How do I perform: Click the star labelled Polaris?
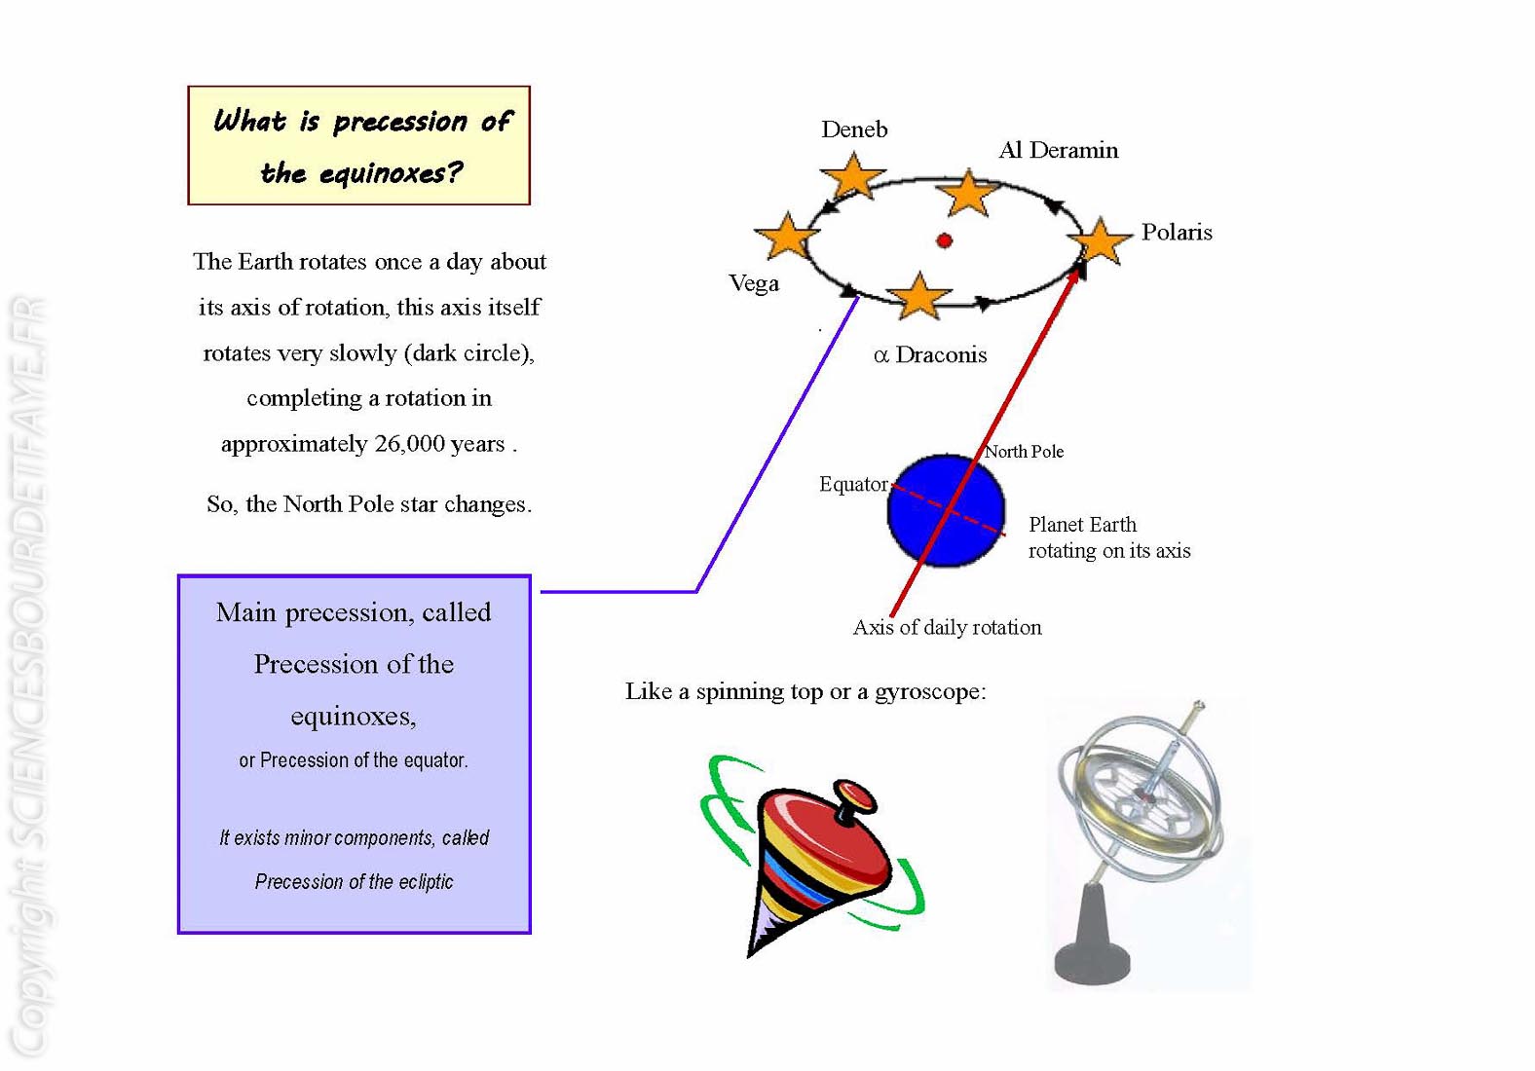coord(1100,240)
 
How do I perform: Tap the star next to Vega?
coord(787,237)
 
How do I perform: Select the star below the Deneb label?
coord(853,176)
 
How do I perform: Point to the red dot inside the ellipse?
coord(945,240)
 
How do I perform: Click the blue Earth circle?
coord(946,510)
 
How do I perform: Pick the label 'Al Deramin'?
coord(1059,150)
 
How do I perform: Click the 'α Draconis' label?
coord(930,355)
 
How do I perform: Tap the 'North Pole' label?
coord(1025,452)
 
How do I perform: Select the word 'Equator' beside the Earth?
coord(854,485)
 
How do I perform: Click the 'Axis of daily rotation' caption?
coord(947,628)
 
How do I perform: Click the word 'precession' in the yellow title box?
coord(400,122)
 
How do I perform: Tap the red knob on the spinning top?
coord(854,796)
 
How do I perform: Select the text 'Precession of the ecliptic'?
coord(355,882)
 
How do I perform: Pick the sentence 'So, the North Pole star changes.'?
coord(369,505)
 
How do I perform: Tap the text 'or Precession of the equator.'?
coord(354,760)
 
